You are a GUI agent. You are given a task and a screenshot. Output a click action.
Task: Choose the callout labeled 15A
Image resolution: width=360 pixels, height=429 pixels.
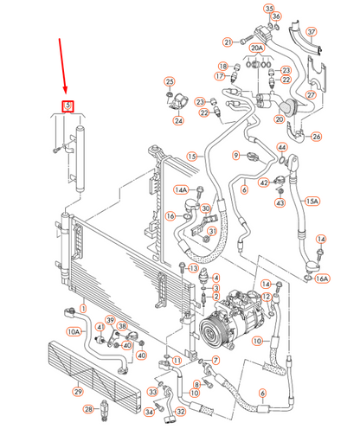[x=312, y=201]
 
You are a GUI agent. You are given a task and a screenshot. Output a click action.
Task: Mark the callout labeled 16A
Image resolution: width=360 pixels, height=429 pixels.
[x=322, y=279]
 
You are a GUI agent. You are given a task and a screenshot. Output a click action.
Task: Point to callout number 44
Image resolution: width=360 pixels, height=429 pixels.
[x=282, y=148]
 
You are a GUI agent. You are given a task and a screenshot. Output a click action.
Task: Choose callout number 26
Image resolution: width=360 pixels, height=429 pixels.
[x=316, y=137]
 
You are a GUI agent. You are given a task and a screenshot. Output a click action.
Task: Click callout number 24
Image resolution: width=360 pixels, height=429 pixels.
[x=178, y=121]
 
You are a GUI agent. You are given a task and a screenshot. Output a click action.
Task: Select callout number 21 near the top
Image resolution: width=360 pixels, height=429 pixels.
[x=228, y=41]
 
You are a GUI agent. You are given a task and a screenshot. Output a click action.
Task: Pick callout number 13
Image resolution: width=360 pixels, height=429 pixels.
[x=191, y=269]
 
